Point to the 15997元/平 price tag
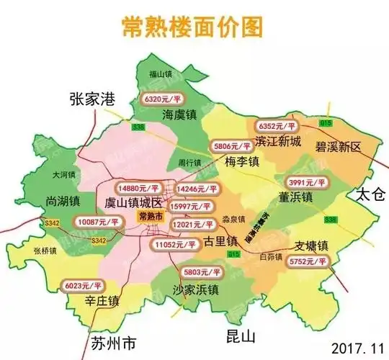point(194,207)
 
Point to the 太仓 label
point(371,195)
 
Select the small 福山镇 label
point(160,73)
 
